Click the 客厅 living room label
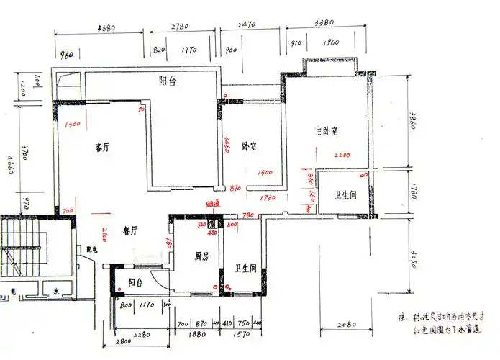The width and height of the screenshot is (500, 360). point(102,148)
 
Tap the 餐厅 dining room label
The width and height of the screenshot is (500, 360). point(130,230)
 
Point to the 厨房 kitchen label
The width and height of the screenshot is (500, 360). point(201,256)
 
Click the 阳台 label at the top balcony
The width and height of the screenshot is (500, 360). point(168,81)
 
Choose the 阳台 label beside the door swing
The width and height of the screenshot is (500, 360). point(135,283)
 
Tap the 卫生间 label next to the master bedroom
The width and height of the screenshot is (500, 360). point(346,197)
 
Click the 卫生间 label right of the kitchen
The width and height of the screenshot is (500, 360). point(246,269)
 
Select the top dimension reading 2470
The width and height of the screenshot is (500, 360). point(246,25)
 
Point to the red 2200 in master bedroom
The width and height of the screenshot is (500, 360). point(342,155)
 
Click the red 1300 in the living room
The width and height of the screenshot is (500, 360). point(72,125)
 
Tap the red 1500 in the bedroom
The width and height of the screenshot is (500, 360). point(264,173)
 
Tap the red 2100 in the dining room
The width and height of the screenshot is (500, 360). point(105,234)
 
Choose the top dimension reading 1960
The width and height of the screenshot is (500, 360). point(331,42)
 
